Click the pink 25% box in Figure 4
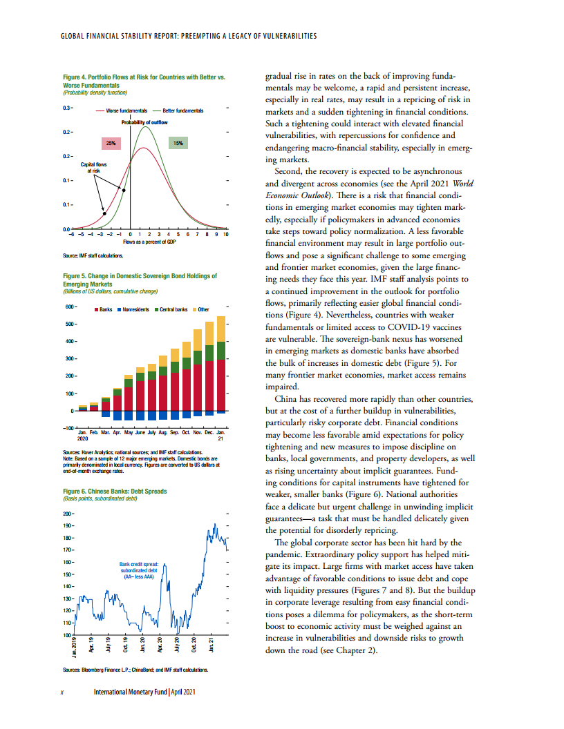tap(110, 143)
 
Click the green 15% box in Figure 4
tap(178, 143)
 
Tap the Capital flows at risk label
tap(94, 168)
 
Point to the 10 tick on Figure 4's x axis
tap(226, 235)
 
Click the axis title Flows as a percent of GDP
tap(148, 242)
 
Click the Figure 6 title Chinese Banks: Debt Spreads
tap(115, 492)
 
